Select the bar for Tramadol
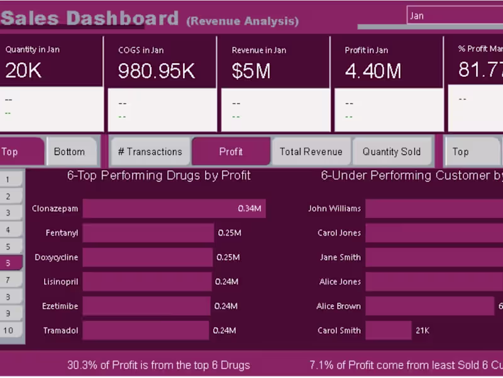pyautogui.click(x=145, y=330)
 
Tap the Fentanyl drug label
pyautogui.click(x=62, y=233)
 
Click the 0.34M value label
pyautogui.click(x=249, y=209)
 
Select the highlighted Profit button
pyautogui.click(x=231, y=152)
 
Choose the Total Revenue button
pyautogui.click(x=311, y=152)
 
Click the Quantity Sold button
pyautogui.click(x=391, y=152)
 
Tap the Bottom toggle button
pyautogui.click(x=69, y=152)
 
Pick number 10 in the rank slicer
pyautogui.click(x=9, y=330)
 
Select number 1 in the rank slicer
pyautogui.click(x=9, y=180)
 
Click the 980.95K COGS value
pyautogui.click(x=157, y=71)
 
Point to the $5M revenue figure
pyautogui.click(x=251, y=71)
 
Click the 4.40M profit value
pyautogui.click(x=373, y=71)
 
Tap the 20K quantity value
pyautogui.click(x=23, y=71)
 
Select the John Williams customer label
pyautogui.click(x=334, y=209)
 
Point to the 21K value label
pyautogui.click(x=422, y=330)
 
